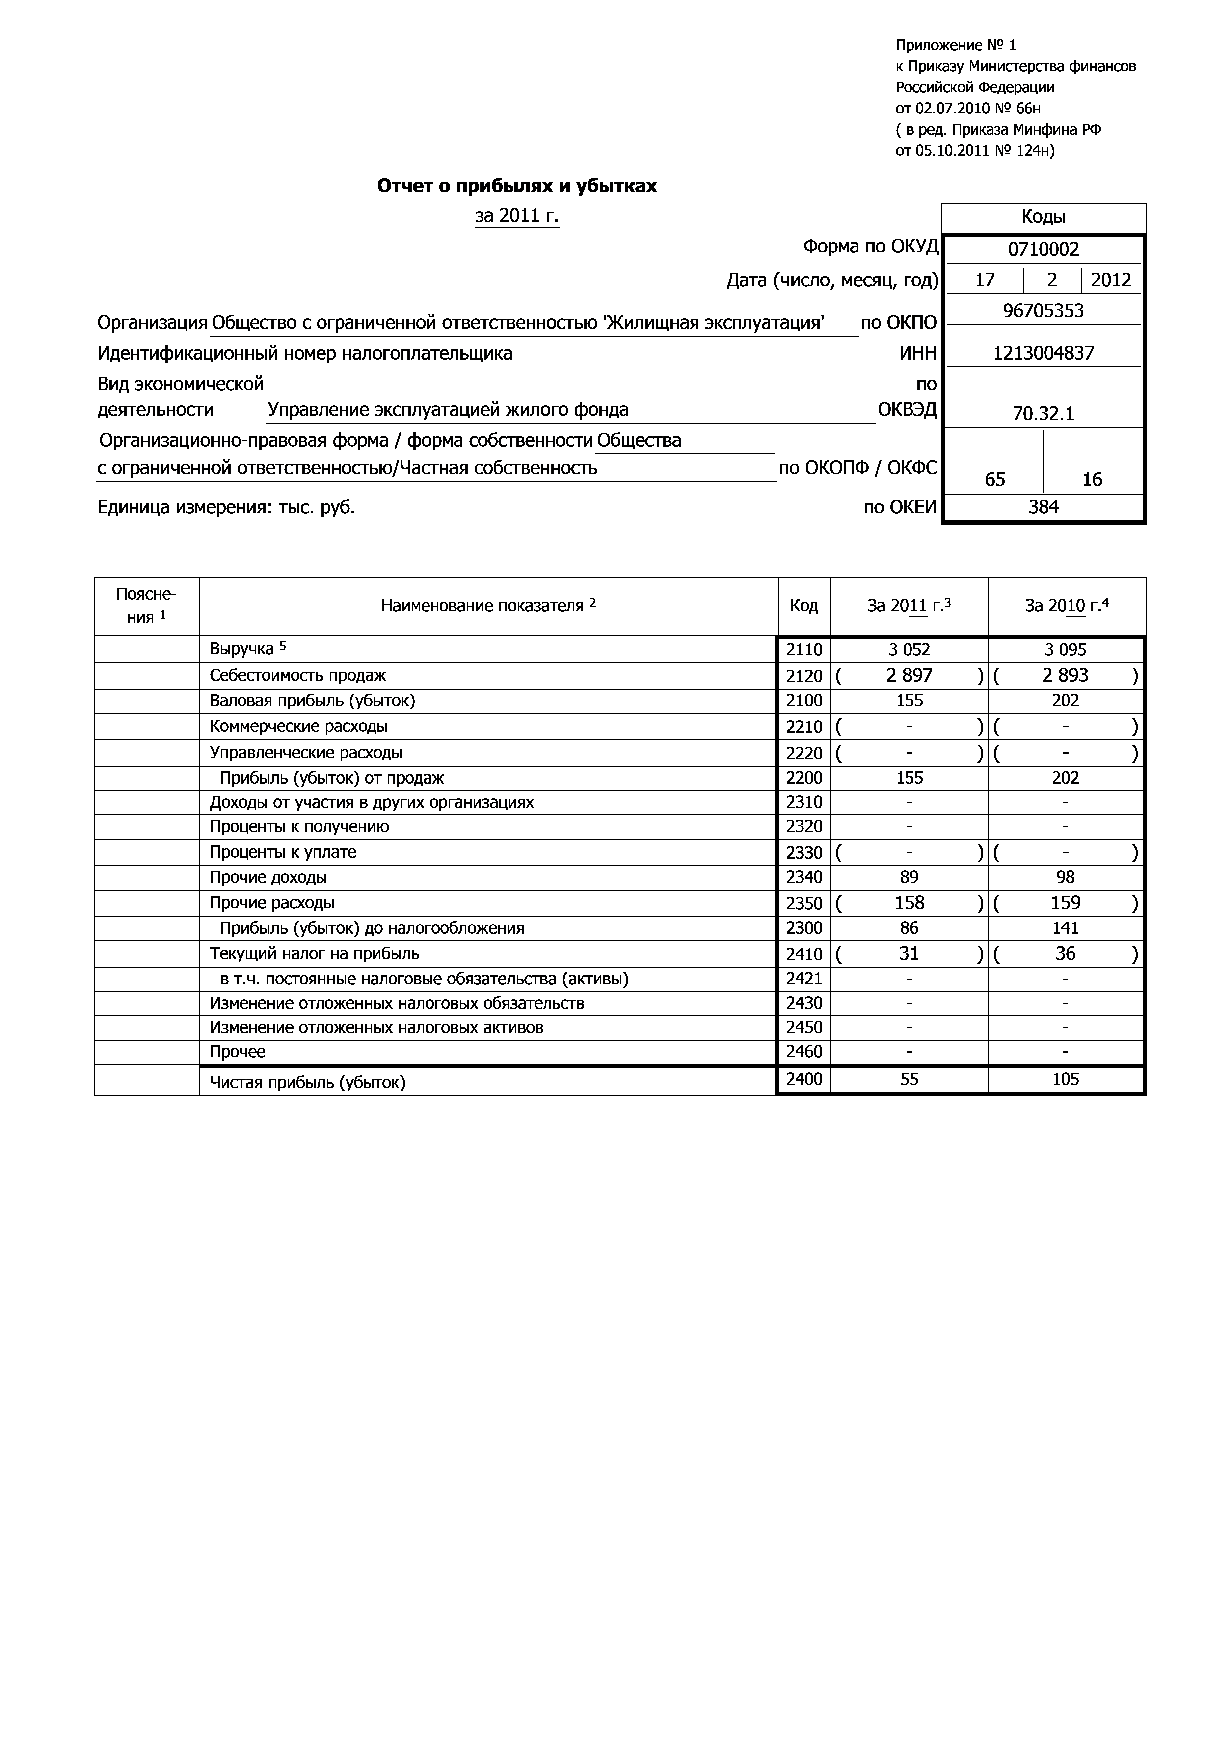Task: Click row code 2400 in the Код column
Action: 804,1079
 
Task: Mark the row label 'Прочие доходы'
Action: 268,877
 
